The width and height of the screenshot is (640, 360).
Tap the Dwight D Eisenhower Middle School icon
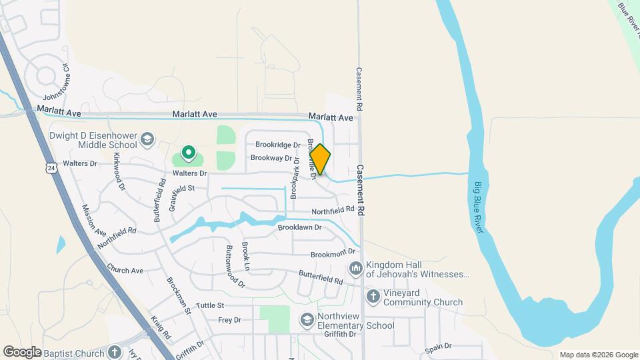click(x=147, y=140)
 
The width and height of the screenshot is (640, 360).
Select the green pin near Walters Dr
click(x=189, y=154)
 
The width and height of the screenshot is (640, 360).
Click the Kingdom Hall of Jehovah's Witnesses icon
click(x=355, y=268)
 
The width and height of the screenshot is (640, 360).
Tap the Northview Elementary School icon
click(x=307, y=320)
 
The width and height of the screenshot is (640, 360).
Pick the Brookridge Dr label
click(x=278, y=145)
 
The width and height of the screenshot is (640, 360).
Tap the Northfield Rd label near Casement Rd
click(x=333, y=210)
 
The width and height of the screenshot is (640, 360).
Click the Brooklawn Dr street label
click(x=299, y=227)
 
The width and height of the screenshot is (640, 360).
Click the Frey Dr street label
click(x=229, y=320)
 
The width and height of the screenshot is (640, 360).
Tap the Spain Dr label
click(x=438, y=346)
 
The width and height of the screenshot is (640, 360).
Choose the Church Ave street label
click(x=125, y=271)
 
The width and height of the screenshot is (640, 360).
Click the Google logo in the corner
click(x=22, y=351)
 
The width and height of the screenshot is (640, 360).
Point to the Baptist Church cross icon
click(x=115, y=351)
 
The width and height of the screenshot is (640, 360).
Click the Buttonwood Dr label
click(x=235, y=267)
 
